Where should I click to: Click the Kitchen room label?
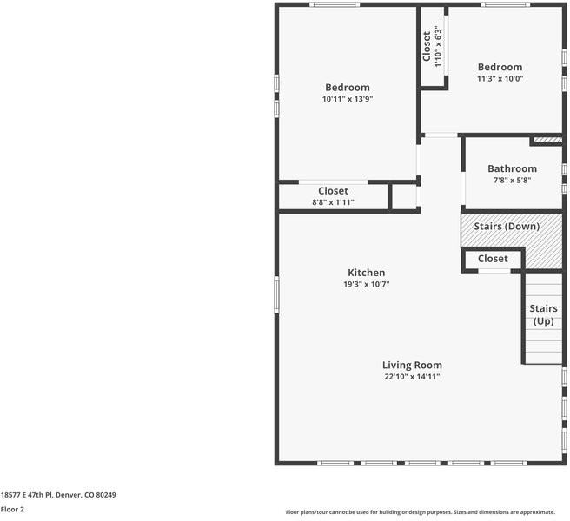[366, 273]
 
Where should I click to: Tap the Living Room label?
[412, 365]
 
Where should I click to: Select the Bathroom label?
[512, 168]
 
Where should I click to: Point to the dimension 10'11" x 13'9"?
[348, 99]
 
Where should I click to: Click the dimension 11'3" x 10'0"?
[500, 78]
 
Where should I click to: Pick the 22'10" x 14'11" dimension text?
[412, 376]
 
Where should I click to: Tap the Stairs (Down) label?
[507, 227]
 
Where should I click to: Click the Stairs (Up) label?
[543, 314]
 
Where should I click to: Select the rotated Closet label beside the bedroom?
[427, 46]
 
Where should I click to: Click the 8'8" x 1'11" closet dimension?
[333, 202]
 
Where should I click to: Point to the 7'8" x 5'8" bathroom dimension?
[512, 181]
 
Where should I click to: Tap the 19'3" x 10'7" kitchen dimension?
[366, 284]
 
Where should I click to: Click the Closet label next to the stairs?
[493, 259]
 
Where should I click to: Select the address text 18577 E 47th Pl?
[27, 495]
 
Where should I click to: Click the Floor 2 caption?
[12, 510]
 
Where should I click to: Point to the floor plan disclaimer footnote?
[421, 512]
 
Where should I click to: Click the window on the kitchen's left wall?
[276, 294]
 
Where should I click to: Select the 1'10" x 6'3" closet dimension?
[438, 46]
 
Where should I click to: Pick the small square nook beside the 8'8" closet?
[404, 196]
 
